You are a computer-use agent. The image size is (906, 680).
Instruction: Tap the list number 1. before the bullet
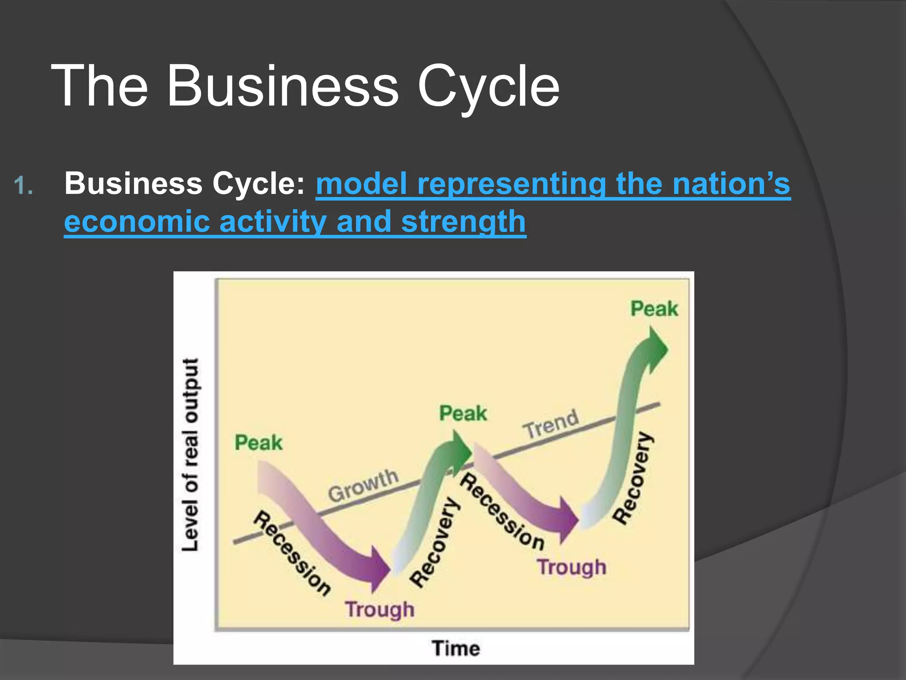23,185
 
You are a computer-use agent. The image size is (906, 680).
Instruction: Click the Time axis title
456,648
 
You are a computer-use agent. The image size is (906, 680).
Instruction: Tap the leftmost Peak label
258,443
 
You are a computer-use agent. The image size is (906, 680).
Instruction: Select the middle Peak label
463,413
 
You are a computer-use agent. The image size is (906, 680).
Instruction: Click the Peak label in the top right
654,309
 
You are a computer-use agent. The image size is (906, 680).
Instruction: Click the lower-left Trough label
380,609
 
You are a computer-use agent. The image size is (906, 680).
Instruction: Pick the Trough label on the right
572,567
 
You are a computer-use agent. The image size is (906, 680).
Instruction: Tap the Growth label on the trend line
363,485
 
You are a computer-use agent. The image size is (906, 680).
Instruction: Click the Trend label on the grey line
551,424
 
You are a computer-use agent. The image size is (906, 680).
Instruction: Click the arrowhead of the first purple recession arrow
379,569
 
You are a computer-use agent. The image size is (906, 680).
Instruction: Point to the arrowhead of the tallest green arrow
655,349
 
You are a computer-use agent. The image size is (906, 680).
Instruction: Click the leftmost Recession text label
292,553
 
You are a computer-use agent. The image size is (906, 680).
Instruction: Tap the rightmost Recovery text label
633,478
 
